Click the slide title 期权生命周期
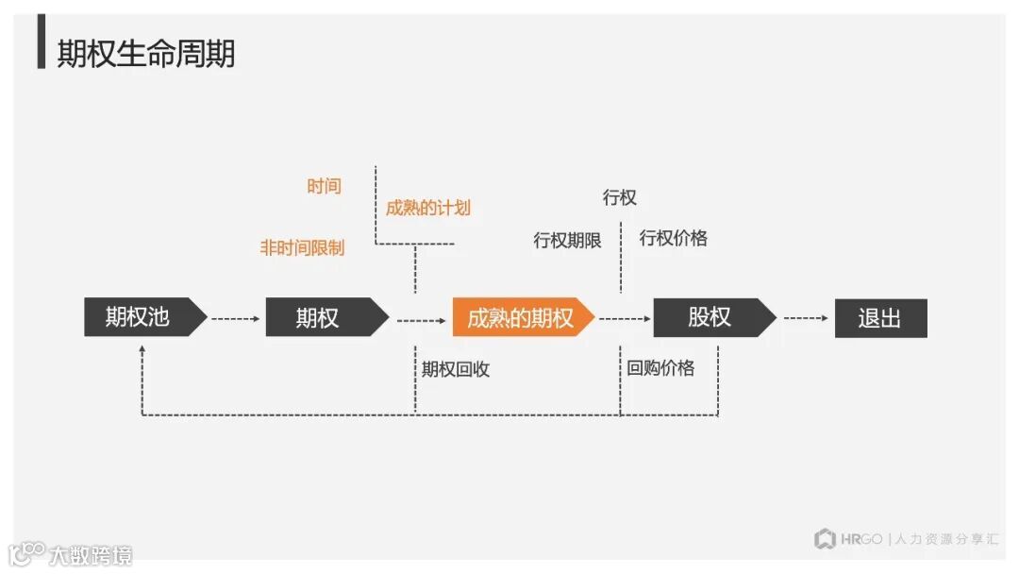click(146, 54)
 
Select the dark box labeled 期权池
click(139, 317)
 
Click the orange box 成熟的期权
click(520, 318)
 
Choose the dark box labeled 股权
click(710, 317)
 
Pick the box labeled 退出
click(880, 318)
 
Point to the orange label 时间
click(324, 186)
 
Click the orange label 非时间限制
click(302, 247)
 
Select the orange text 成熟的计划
click(427, 208)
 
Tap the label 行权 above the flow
click(620, 197)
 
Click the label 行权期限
click(567, 240)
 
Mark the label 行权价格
click(673, 238)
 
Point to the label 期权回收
click(456, 369)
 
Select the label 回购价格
click(660, 367)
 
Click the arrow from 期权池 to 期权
click(235, 319)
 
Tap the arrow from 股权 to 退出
click(806, 318)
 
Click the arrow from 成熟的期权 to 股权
click(624, 319)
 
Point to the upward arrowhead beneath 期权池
click(142, 350)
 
